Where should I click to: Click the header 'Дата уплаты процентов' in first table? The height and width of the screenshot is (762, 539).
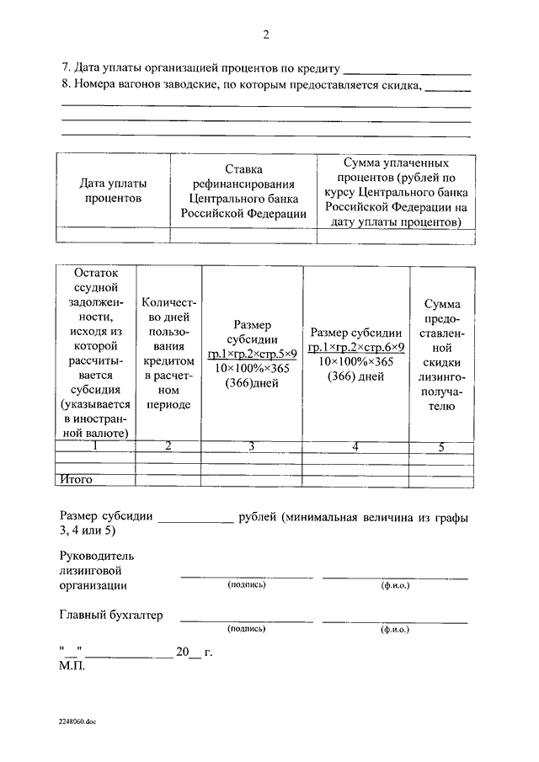point(113,190)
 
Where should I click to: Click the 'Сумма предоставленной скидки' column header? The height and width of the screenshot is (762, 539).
point(440,353)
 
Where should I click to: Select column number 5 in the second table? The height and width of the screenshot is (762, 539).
point(440,446)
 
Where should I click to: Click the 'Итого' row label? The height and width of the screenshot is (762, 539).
point(76,480)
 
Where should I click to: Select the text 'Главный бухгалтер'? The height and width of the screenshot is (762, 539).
point(111,615)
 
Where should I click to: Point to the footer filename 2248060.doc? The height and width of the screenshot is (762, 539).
point(78,722)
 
